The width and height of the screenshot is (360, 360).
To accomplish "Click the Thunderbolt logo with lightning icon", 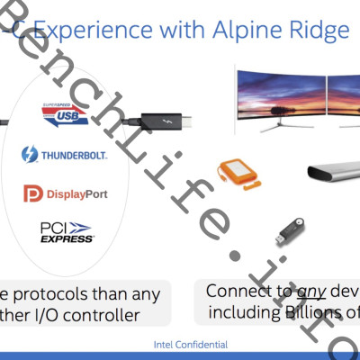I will tap(65, 154).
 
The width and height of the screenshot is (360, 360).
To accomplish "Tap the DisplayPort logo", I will tap(66, 193).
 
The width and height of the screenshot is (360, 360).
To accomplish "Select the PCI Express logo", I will tap(67, 231).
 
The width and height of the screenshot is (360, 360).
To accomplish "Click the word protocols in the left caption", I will tap(55, 294).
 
